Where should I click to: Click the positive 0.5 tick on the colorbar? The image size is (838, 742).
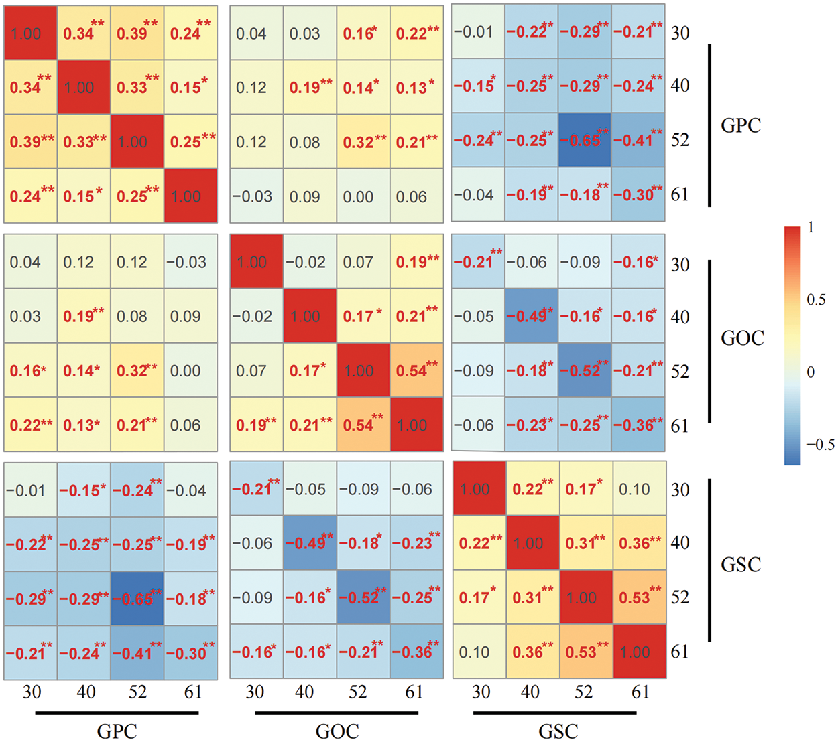point(816,299)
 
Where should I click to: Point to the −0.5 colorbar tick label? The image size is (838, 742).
point(821,445)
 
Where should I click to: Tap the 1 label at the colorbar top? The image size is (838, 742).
point(811,228)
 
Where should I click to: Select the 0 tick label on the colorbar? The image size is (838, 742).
point(811,372)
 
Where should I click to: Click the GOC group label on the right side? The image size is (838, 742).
point(742,338)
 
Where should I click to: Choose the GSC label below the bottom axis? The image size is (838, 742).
point(558,731)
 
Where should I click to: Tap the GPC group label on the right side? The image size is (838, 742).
point(741,125)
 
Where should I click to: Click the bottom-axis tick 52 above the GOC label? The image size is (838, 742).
point(357,692)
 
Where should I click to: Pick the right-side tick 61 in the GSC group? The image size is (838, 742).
point(680,651)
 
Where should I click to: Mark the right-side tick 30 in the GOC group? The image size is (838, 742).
point(680,264)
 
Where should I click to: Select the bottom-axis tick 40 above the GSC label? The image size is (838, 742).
point(530,692)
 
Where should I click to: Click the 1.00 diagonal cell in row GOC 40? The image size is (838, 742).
point(309,316)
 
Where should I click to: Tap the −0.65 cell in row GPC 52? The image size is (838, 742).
point(584,141)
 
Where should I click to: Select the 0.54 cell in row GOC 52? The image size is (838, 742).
point(416,370)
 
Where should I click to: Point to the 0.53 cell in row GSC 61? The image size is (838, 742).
point(585,652)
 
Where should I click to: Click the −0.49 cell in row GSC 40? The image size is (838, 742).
point(309,544)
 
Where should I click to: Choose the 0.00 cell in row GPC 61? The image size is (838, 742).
point(358,196)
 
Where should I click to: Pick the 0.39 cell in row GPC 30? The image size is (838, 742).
point(137,33)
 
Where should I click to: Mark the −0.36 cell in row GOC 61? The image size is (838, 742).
point(638,425)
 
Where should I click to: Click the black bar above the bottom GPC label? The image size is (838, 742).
point(117,713)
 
